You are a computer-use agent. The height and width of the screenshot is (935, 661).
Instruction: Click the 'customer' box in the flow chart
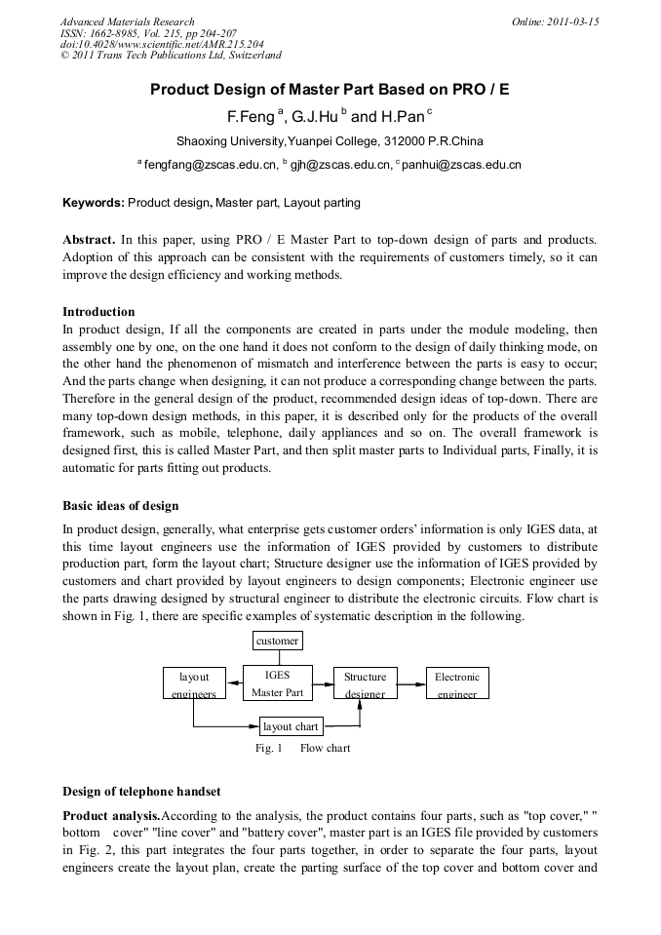[x=278, y=641]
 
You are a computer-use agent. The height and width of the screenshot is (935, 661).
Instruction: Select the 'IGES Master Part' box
[x=278, y=682]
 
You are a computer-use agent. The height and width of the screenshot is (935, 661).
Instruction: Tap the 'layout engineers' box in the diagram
[x=194, y=683]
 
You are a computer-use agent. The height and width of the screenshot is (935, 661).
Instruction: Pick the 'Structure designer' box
[x=365, y=683]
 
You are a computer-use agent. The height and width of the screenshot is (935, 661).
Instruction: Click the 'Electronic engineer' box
[x=457, y=683]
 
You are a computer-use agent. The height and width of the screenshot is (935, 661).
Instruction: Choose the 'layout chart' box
[x=291, y=726]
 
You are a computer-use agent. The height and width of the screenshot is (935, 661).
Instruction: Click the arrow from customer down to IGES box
[x=278, y=658]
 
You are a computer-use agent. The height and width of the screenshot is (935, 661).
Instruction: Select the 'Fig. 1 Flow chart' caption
[x=302, y=748]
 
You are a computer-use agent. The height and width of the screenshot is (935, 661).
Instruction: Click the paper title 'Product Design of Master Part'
[x=330, y=90]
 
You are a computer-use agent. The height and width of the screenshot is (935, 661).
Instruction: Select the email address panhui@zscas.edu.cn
[x=462, y=165]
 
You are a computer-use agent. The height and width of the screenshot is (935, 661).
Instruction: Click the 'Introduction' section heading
[x=98, y=312]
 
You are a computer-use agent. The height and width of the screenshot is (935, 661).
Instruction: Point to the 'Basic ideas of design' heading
[x=120, y=506]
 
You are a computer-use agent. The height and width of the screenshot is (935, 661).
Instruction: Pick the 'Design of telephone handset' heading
[x=141, y=791]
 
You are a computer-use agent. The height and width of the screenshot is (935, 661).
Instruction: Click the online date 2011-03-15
[x=555, y=21]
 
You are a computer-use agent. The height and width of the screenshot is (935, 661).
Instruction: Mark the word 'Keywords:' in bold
[x=94, y=203]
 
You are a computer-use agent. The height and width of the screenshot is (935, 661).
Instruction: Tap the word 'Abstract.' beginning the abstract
[x=90, y=239]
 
